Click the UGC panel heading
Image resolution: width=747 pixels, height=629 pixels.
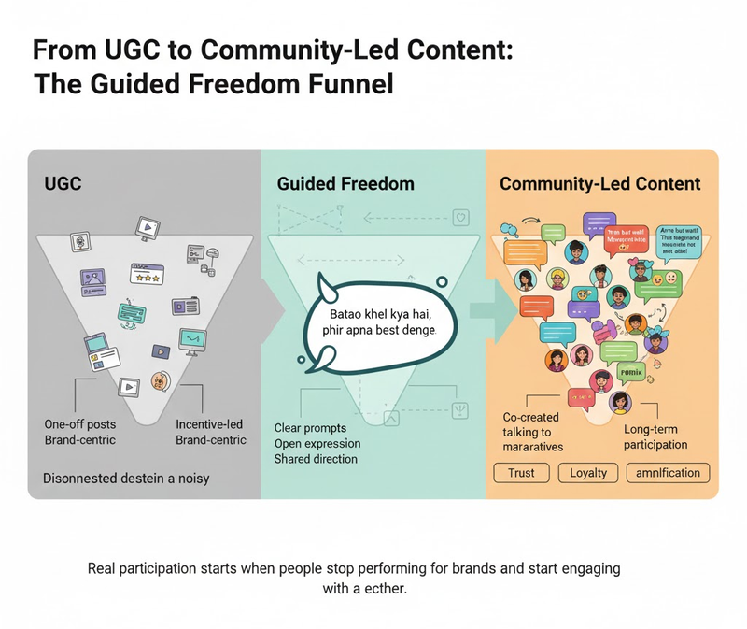[x=63, y=183]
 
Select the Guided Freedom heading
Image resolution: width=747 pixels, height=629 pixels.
[x=345, y=183]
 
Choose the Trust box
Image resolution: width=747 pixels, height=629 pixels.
[x=521, y=472]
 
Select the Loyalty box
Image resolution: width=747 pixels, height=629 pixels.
[x=588, y=472]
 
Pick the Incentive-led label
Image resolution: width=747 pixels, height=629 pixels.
[x=210, y=424]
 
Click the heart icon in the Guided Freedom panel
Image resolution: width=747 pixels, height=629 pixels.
[x=458, y=219]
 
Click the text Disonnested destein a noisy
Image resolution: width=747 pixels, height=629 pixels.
[x=126, y=479]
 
